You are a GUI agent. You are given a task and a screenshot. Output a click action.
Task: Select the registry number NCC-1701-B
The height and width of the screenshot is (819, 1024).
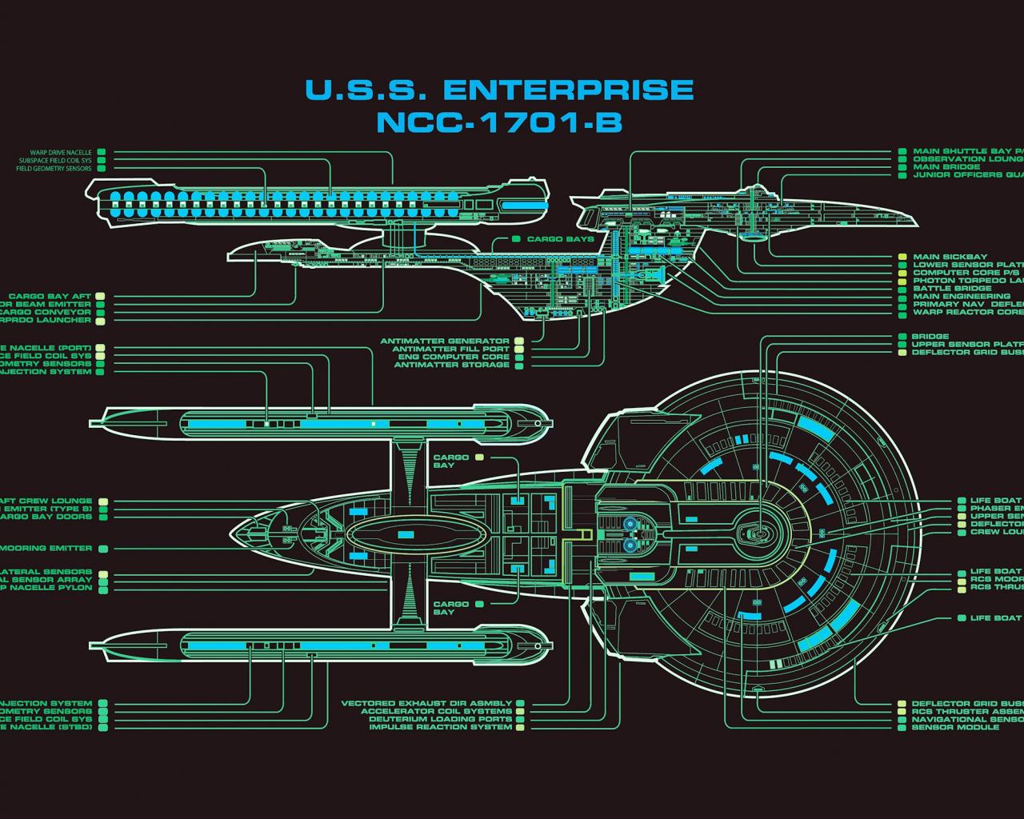pyautogui.click(x=498, y=122)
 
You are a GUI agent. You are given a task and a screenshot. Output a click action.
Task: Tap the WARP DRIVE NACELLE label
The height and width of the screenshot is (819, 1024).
pyautogui.click(x=62, y=152)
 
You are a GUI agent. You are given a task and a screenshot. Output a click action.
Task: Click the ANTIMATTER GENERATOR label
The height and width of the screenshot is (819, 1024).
pyautogui.click(x=445, y=342)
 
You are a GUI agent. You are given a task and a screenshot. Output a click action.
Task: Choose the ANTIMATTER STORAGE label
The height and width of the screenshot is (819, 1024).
pyautogui.click(x=451, y=365)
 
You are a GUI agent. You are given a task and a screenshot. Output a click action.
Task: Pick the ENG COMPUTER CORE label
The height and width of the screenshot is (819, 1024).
pyautogui.click(x=454, y=357)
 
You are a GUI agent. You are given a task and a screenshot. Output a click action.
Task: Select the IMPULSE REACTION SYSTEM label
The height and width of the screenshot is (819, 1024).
pyautogui.click(x=440, y=727)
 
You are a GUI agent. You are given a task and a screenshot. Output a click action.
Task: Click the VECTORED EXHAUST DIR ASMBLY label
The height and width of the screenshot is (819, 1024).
pyautogui.click(x=426, y=704)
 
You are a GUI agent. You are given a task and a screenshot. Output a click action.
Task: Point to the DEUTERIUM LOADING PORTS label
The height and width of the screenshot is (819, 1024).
pyautogui.click(x=440, y=719)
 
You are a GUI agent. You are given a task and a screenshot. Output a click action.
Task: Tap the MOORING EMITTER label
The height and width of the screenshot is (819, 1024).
pyautogui.click(x=46, y=549)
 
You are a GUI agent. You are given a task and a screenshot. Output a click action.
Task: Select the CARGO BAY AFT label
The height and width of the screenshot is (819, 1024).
pyautogui.click(x=50, y=297)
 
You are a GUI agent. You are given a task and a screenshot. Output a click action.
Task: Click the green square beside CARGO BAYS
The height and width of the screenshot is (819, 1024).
pyautogui.click(x=517, y=239)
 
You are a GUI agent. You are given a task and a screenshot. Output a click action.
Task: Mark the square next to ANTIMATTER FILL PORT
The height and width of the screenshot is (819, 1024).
pyautogui.click(x=518, y=350)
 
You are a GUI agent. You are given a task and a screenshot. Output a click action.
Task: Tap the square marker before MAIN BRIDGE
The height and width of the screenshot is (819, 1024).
pyautogui.click(x=902, y=167)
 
